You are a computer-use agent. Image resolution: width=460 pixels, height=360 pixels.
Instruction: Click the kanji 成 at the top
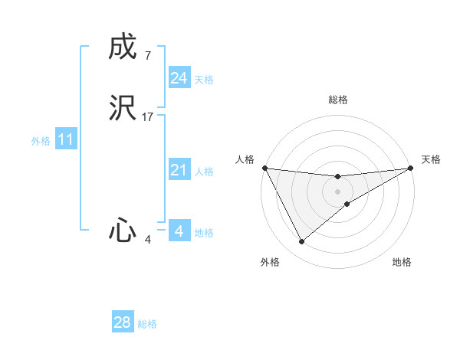coord(123,47)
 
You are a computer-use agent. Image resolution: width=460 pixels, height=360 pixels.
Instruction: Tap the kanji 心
coord(123,230)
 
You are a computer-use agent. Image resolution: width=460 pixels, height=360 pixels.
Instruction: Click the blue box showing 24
coord(179,77)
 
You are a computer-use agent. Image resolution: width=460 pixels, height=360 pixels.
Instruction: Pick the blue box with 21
coord(179,170)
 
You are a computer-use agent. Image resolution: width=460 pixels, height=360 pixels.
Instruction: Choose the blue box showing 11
coord(65,139)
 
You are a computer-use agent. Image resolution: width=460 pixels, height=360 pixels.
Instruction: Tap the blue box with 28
coord(122,322)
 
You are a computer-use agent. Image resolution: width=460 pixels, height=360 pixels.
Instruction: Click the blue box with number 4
coord(179,231)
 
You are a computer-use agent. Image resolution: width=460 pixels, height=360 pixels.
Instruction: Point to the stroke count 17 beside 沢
coord(148,117)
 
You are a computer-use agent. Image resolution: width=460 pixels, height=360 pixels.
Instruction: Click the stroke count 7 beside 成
coord(147,56)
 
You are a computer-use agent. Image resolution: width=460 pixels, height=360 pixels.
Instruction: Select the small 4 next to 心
coord(147,240)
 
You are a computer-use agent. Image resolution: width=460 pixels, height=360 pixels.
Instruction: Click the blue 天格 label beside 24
coord(204,80)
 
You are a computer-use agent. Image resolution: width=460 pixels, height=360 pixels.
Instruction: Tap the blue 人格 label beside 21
coord(204,172)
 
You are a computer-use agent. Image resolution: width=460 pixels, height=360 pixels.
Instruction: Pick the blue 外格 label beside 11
coord(41,141)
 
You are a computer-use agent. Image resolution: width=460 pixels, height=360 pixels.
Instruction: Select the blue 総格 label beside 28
coord(147,325)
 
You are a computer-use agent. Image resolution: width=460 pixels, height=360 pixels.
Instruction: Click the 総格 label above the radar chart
coord(338,100)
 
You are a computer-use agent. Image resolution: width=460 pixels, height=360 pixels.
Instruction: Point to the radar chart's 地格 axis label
coord(402,263)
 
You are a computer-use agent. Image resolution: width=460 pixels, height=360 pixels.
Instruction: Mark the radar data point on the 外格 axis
coord(301,242)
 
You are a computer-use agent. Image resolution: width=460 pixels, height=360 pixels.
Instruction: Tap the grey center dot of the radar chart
coord(338,191)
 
